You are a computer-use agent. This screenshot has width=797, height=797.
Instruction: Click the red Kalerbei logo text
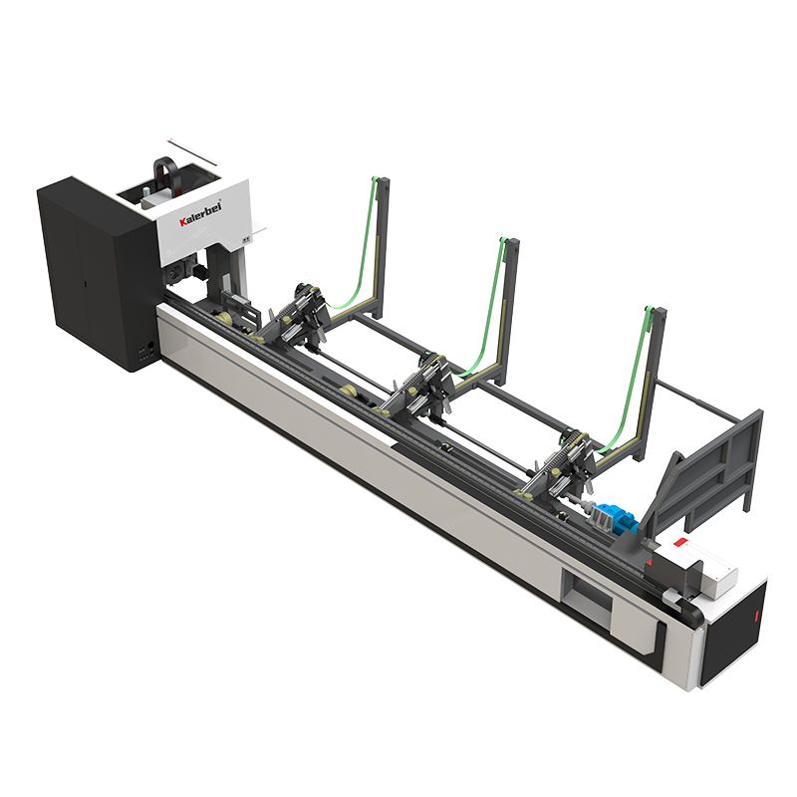[200, 215]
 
